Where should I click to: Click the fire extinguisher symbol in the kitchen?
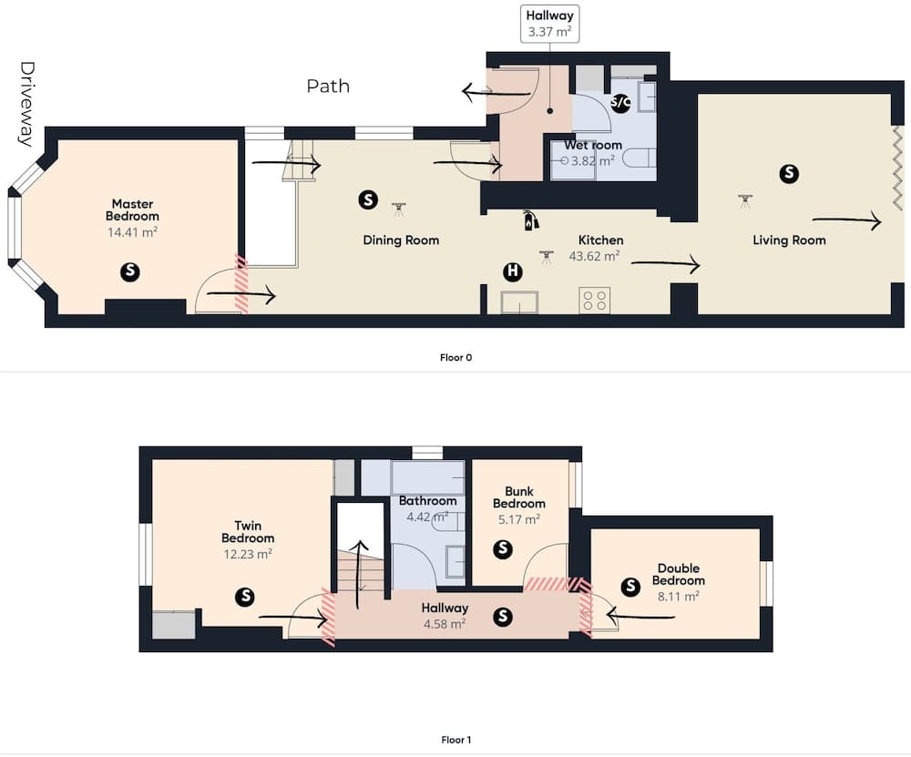pos(530,220)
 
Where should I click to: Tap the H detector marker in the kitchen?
pos(512,271)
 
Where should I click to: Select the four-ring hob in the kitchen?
pos(594,301)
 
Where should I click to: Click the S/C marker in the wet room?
pos(619,103)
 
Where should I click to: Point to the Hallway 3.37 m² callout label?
pos(549,24)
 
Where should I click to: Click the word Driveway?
pos(26,104)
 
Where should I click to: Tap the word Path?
pos(328,86)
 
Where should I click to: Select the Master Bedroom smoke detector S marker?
pos(130,271)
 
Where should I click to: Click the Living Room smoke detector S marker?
pos(788,173)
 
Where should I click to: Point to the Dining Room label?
pos(401,240)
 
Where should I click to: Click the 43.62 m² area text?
pos(594,256)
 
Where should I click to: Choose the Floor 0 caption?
pos(456,357)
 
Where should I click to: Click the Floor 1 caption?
pos(456,740)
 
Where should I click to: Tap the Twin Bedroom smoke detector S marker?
pos(245,596)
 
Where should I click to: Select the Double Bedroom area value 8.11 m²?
pos(678,596)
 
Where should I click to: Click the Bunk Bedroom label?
pos(519,497)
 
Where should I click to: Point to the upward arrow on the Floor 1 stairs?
pos(360,575)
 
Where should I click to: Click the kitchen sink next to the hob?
pos(519,302)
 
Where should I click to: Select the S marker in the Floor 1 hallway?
pos(503,617)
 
